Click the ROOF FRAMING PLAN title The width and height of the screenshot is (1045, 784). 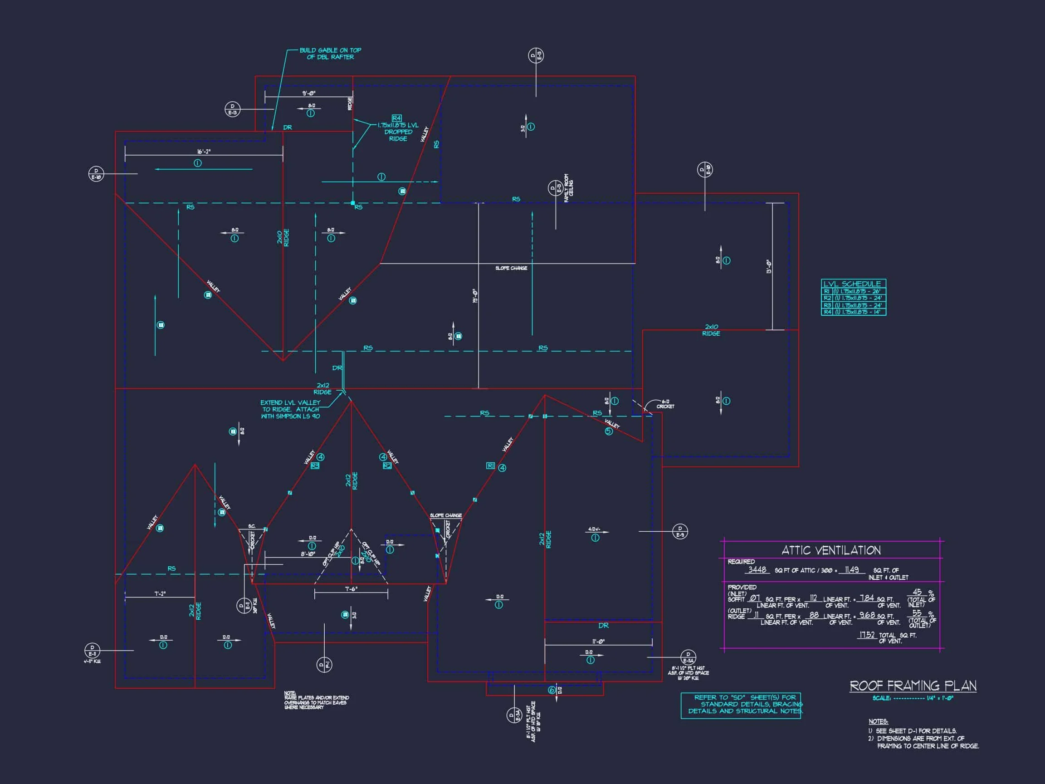[913, 686]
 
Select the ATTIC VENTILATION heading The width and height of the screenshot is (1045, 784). [831, 550]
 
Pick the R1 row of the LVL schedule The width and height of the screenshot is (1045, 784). [853, 292]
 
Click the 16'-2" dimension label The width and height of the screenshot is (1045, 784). [204, 152]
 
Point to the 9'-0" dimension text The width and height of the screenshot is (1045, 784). [309, 93]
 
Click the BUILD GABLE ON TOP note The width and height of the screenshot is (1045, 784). [330, 54]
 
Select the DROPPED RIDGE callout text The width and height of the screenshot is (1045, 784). [398, 132]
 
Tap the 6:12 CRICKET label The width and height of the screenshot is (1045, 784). [665, 404]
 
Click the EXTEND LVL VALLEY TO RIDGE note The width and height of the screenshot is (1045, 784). [291, 409]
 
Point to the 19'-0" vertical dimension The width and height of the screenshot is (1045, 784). [475, 296]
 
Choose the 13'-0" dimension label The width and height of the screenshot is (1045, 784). [769, 267]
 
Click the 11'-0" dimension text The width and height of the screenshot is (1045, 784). [598, 642]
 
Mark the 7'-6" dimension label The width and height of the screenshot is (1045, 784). [351, 589]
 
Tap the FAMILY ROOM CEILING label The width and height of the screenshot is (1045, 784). [569, 188]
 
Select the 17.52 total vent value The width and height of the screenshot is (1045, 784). [867, 635]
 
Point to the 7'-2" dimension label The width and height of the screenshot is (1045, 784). [160, 593]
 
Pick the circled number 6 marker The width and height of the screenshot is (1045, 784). [552, 691]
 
